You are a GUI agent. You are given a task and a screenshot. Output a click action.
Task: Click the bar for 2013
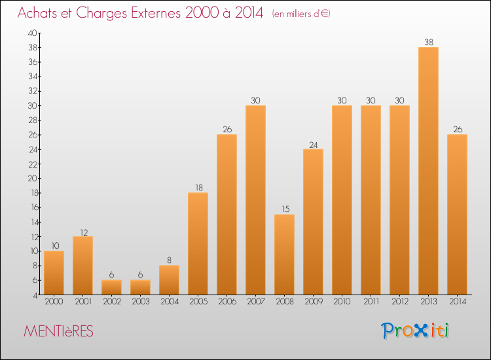coord(428,171)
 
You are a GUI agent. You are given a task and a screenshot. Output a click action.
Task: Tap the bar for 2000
coord(54,272)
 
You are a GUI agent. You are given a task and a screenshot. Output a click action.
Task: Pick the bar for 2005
coord(198,243)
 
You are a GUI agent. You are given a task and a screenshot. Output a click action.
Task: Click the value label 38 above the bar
coord(428,43)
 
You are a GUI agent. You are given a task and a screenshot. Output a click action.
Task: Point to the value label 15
coord(284,209)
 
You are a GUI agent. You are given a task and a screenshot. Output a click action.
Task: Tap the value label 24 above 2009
coord(313,144)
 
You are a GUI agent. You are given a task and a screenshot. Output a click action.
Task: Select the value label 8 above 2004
coord(169,261)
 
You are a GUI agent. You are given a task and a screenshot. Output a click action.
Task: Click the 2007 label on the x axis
coord(255,302)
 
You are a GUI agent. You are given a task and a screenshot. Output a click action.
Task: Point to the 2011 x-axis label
coord(371,302)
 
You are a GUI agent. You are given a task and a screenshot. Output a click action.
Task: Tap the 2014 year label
coord(457,302)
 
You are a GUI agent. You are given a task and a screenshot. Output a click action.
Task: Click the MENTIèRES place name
coord(58,332)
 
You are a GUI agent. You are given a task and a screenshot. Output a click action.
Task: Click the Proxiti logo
coord(416,331)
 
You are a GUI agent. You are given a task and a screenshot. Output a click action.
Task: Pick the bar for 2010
coord(342,200)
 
